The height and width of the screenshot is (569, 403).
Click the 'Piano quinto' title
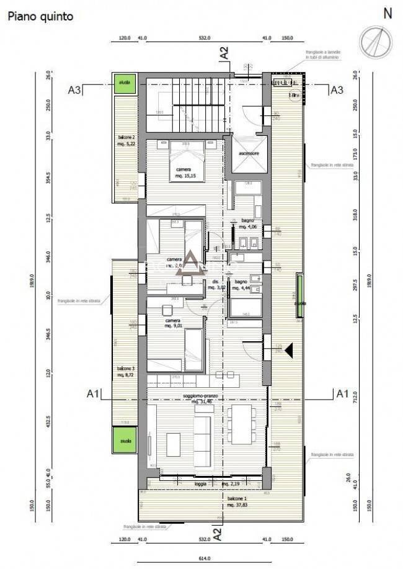pos(40,17)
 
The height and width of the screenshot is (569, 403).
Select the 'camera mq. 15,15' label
pos(183,173)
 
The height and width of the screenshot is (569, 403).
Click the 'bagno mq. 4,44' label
pos(241,285)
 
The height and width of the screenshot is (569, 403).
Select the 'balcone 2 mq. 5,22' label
pos(126,140)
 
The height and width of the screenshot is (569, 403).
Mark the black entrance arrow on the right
pos(288,351)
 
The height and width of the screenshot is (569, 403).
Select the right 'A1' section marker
pos(341,393)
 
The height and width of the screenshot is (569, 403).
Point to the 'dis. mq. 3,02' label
pos(216,285)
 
